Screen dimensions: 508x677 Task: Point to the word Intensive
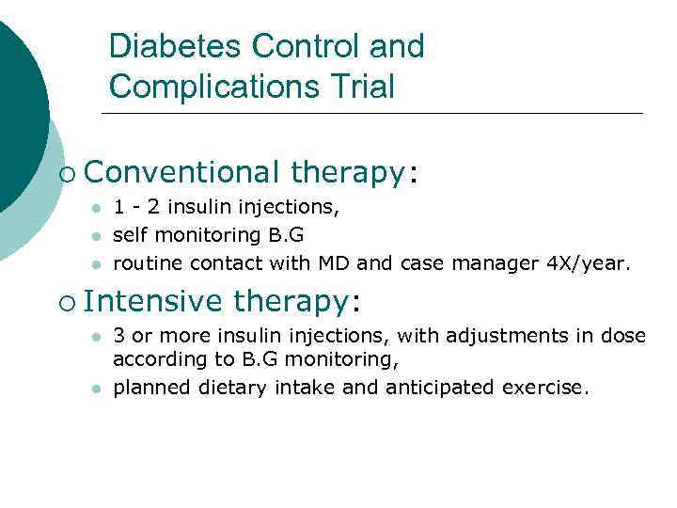tap(153, 301)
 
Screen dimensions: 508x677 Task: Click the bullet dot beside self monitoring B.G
tap(95, 234)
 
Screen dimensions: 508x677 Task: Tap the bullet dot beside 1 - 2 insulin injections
tap(95, 207)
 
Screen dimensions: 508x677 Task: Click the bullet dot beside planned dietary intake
tap(95, 388)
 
